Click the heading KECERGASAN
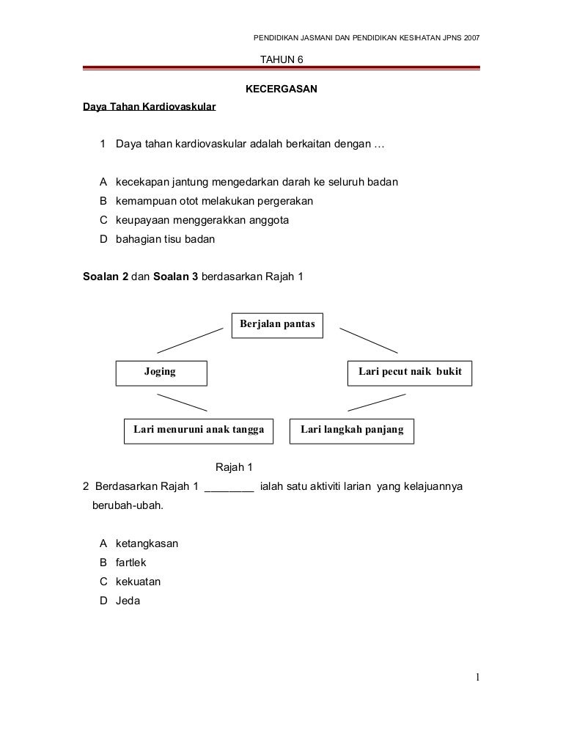click(281, 89)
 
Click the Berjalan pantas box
click(277, 325)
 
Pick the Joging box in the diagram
click(161, 373)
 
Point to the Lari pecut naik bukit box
click(409, 373)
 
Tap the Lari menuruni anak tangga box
click(198, 431)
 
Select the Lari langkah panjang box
click(352, 431)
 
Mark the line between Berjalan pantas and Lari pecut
click(368, 340)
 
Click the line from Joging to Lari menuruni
click(182, 402)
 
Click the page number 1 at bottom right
click(477, 677)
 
